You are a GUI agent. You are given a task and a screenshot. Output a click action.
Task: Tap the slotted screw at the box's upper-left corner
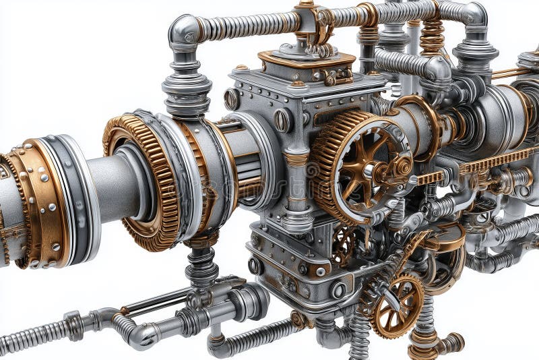232,99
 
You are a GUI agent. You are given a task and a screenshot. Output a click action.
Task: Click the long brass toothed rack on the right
495,161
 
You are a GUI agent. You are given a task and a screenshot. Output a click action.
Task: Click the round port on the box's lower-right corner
338,289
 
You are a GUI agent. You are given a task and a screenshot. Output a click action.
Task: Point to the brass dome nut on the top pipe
307,7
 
